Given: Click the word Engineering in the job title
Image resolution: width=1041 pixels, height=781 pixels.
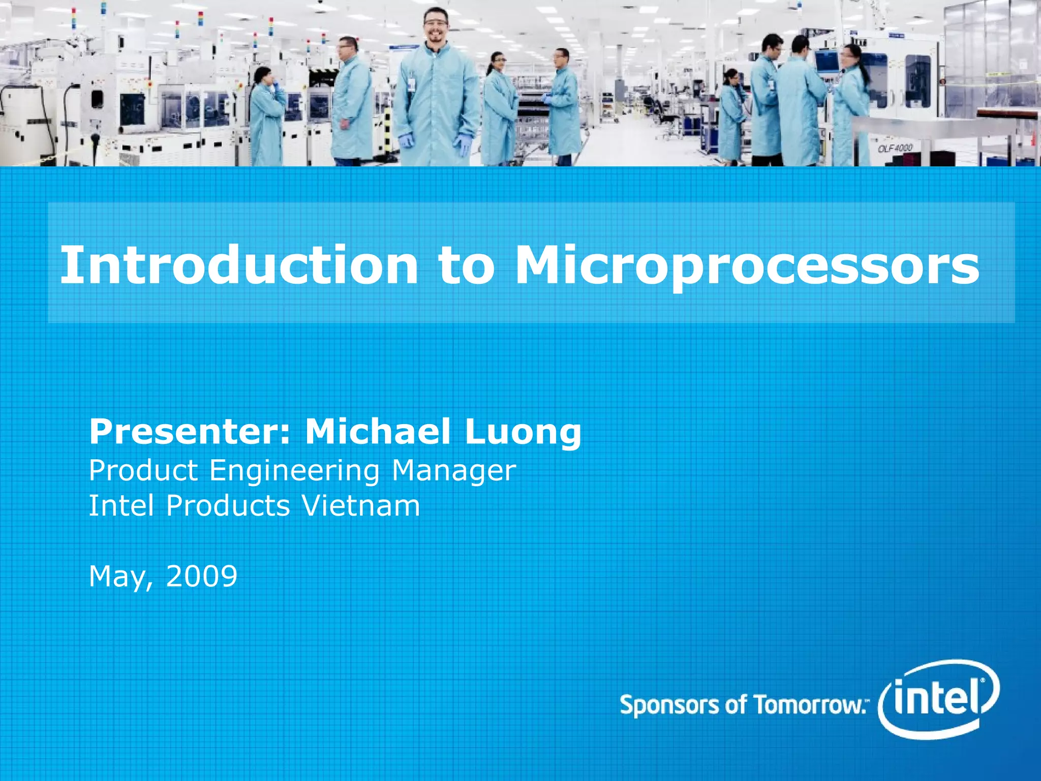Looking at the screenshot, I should click(295, 471).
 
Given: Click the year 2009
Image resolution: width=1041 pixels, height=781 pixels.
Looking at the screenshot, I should click(202, 576).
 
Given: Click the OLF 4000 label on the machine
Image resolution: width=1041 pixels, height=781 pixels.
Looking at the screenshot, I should click(895, 148).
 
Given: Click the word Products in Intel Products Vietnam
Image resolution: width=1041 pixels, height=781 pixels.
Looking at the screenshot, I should click(228, 506).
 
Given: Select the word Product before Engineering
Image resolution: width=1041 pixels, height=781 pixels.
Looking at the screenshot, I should click(143, 470).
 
